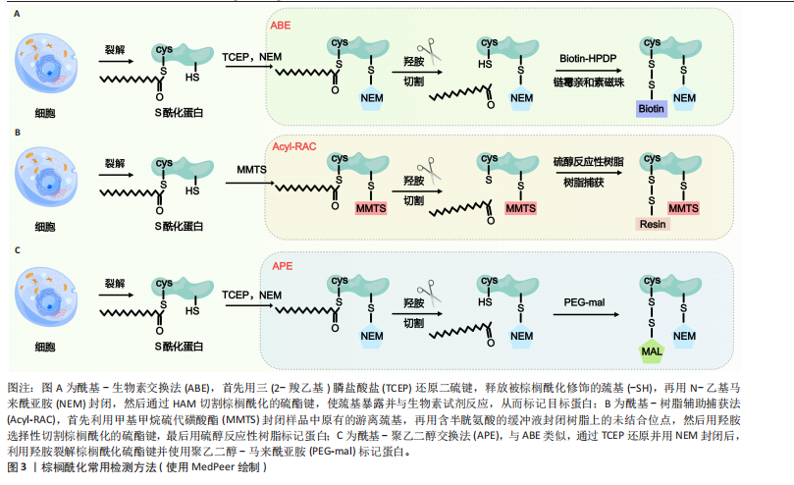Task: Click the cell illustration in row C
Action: click(46, 303)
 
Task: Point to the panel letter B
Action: click(17, 131)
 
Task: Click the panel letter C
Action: click(17, 249)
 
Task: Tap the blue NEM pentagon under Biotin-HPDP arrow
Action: click(685, 99)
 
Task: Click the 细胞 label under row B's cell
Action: click(45, 226)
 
